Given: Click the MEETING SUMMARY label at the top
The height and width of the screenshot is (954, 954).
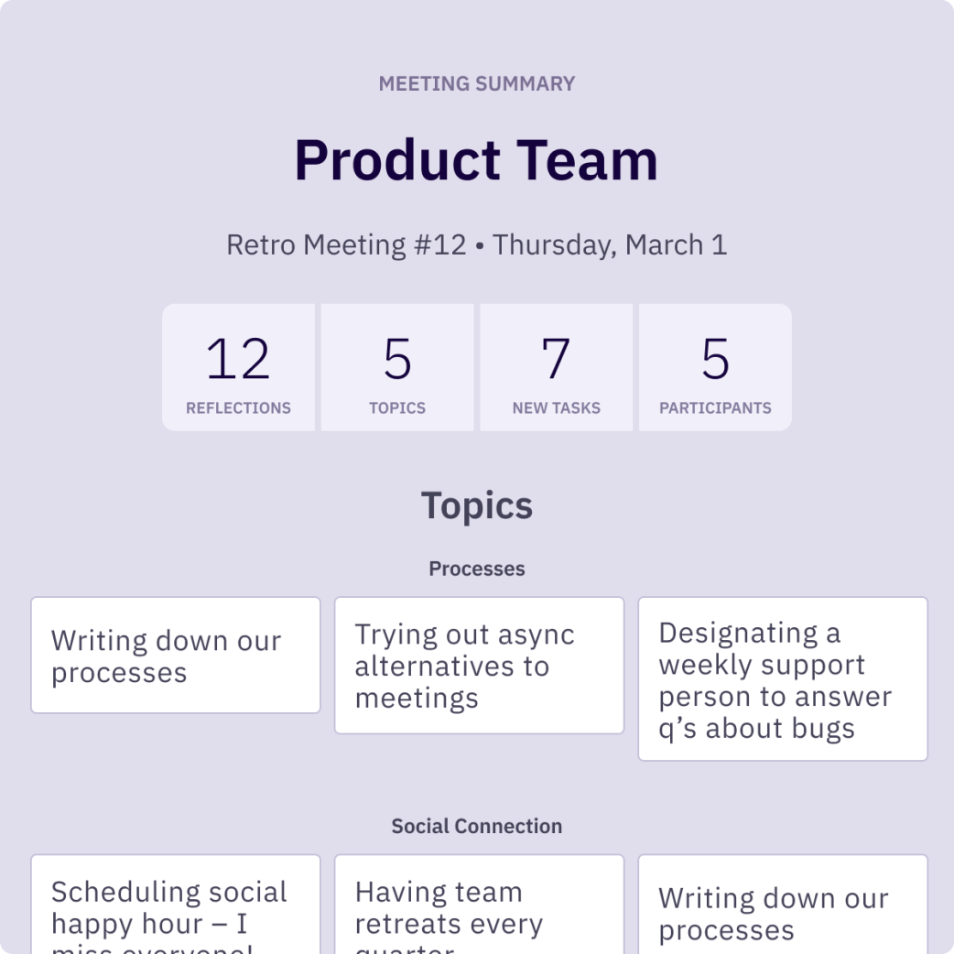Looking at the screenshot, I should pyautogui.click(x=477, y=84).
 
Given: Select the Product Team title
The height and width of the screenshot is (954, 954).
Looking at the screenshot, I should pyautogui.click(x=476, y=160).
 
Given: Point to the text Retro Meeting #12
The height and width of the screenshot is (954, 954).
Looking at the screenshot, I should pyautogui.click(x=346, y=245).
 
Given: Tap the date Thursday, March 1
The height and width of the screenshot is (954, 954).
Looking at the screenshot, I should pyautogui.click(x=610, y=245).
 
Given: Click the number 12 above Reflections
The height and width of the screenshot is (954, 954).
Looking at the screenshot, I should pyautogui.click(x=238, y=359).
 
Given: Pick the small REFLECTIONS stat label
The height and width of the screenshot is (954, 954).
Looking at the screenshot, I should pyautogui.click(x=238, y=408).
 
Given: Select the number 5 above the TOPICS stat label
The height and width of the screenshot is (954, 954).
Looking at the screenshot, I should pyautogui.click(x=397, y=359).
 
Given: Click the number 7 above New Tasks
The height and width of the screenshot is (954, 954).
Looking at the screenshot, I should pyautogui.click(x=556, y=359).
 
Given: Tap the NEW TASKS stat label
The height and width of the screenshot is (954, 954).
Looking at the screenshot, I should pyautogui.click(x=556, y=408).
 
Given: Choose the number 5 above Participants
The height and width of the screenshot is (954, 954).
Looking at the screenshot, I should pyautogui.click(x=715, y=359).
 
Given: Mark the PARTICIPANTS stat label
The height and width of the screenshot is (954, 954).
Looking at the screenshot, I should pyautogui.click(x=715, y=408).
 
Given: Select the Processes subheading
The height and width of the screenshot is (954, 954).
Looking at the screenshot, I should pyautogui.click(x=477, y=569).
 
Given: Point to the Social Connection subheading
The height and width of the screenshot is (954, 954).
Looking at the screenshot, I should pyautogui.click(x=477, y=827).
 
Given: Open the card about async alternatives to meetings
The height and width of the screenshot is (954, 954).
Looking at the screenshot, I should pyautogui.click(x=479, y=666).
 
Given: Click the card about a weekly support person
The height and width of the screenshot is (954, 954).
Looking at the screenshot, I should pyautogui.click(x=783, y=679).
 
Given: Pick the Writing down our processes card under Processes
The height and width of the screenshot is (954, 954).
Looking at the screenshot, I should pyautogui.click(x=176, y=656).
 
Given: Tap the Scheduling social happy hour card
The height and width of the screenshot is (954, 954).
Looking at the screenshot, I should pyautogui.click(x=176, y=906).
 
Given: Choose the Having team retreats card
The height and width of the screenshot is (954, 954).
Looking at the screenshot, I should pyautogui.click(x=479, y=906).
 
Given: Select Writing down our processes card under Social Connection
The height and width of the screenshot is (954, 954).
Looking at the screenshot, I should pyautogui.click(x=783, y=906).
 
